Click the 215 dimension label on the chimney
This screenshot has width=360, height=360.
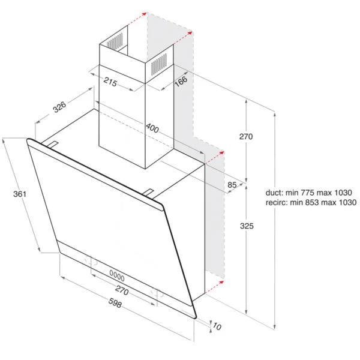click(x=109, y=81)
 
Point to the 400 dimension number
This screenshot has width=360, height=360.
click(x=152, y=128)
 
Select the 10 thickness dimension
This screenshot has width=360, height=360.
click(x=217, y=326)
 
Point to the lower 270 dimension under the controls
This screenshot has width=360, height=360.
click(x=122, y=290)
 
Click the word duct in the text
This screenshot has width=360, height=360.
click(x=274, y=193)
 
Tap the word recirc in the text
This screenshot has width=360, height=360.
click(x=277, y=203)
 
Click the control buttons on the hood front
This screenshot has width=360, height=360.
click(x=117, y=277)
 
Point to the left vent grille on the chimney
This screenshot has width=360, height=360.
click(x=114, y=42)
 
